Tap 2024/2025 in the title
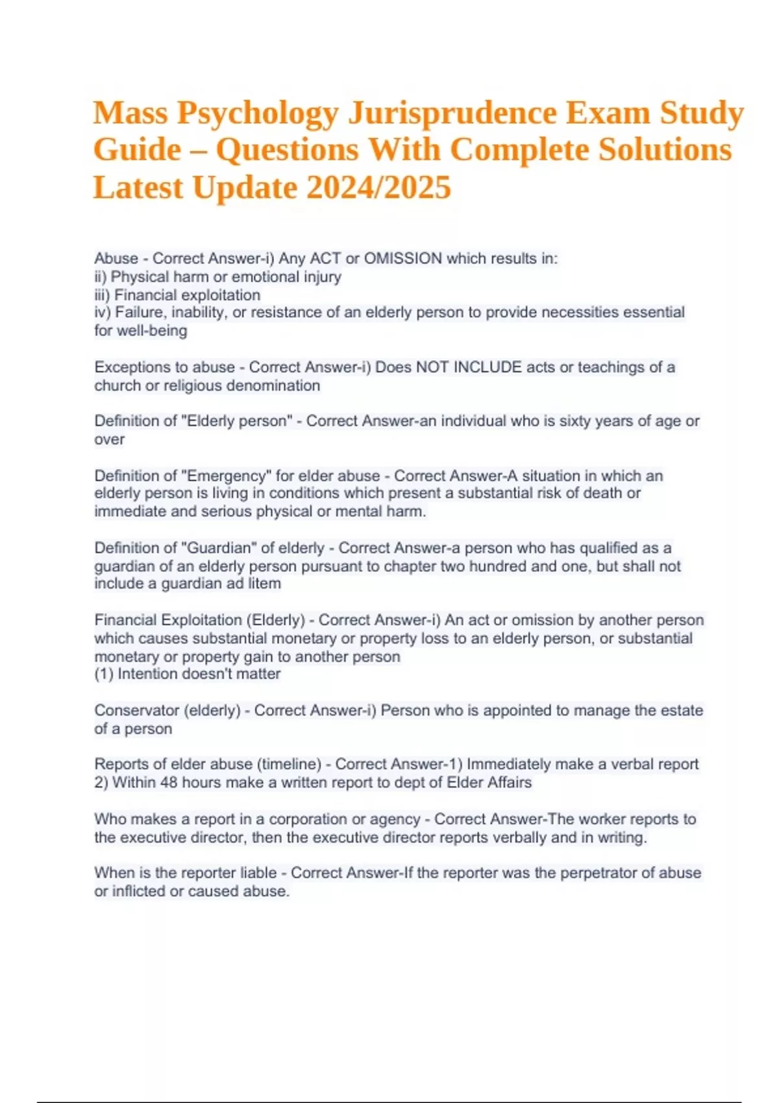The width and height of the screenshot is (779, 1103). (x=378, y=188)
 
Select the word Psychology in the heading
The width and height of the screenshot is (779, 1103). (x=258, y=113)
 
